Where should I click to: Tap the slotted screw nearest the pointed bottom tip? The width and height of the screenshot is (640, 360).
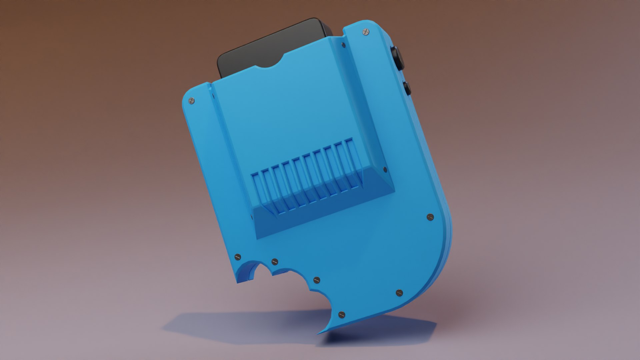point(342,314)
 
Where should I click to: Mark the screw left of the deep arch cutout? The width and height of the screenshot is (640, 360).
point(238,257)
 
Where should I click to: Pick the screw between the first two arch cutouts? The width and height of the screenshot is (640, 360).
point(275,261)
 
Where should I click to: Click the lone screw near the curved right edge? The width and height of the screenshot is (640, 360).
point(430,217)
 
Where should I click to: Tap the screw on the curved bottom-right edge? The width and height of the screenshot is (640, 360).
point(399,293)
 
